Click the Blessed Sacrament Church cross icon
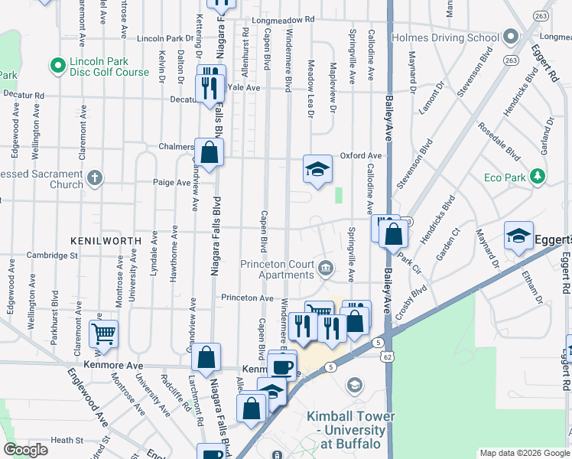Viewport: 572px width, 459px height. click(x=94, y=178)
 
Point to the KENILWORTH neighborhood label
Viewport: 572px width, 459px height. click(x=106, y=240)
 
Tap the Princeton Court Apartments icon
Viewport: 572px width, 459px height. click(x=327, y=267)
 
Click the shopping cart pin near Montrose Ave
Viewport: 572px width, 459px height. click(x=103, y=334)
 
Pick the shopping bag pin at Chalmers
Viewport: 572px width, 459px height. click(x=209, y=152)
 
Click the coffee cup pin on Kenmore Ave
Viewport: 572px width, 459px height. click(x=282, y=366)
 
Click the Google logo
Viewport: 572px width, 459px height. click(x=26, y=450)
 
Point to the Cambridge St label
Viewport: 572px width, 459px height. click(x=53, y=256)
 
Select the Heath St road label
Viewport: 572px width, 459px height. click(x=67, y=440)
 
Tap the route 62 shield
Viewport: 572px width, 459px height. click(x=388, y=356)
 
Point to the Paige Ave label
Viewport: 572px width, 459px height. click(x=172, y=183)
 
